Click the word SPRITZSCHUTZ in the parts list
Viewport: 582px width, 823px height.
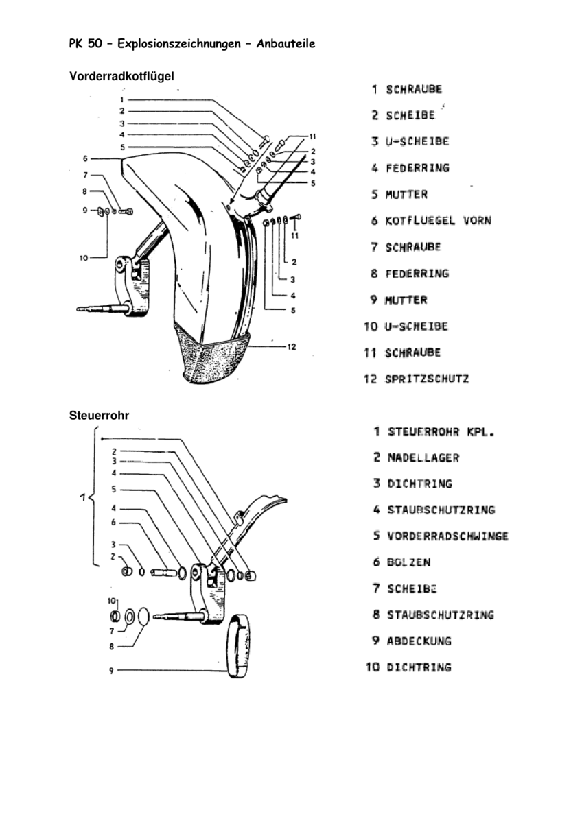click(x=427, y=379)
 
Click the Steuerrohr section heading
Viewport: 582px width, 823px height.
click(x=100, y=415)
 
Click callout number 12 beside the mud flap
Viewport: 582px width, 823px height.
click(x=291, y=347)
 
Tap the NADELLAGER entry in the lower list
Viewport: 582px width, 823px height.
click(x=423, y=457)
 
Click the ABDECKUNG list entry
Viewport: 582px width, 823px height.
click(x=419, y=641)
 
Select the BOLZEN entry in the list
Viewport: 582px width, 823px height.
click(x=408, y=562)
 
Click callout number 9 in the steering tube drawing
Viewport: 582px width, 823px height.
click(x=110, y=671)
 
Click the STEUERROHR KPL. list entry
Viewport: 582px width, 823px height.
click(x=441, y=432)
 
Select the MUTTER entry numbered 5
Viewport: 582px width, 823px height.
click(x=406, y=195)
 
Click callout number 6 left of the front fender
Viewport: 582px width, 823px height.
click(x=86, y=158)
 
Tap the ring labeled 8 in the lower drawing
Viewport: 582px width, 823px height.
click(x=143, y=616)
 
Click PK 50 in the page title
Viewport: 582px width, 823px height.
click(x=85, y=44)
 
